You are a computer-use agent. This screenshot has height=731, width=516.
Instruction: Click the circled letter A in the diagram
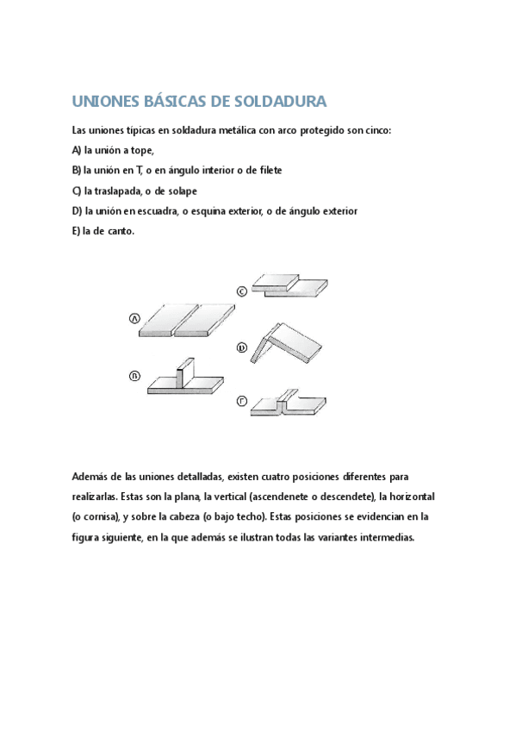tap(134, 319)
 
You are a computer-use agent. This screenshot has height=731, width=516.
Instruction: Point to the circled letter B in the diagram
tap(134, 375)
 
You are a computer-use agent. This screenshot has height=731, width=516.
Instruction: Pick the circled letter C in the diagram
tap(242, 291)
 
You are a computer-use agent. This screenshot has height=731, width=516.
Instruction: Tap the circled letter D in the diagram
tap(242, 347)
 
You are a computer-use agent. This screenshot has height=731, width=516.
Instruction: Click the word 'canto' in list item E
tap(118, 230)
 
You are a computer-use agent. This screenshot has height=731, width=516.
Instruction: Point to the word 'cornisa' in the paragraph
tap(98, 517)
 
